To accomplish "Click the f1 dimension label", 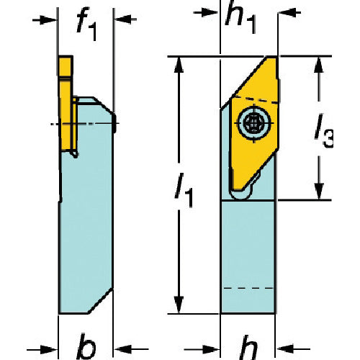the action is [86, 24].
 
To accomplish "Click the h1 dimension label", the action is [240, 17].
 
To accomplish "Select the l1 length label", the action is [184, 189].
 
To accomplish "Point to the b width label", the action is [86, 346].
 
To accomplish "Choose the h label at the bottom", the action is [249, 347].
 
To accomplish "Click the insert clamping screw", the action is [255, 123].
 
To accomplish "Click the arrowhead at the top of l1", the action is [179, 64].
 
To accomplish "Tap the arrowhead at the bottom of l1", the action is [179, 305].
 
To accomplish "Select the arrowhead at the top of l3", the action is [319, 65].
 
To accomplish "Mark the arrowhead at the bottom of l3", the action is [319, 192].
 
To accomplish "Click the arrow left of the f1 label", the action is [45, 20].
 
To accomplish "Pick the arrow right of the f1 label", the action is [125, 19].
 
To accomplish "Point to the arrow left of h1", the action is [207, 12].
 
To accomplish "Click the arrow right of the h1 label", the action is [289, 12].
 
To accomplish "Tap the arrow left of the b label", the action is [42, 349].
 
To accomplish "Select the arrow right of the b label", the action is [131, 349].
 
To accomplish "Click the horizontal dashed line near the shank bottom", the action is [248, 288].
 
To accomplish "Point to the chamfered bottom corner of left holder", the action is [100, 301].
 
